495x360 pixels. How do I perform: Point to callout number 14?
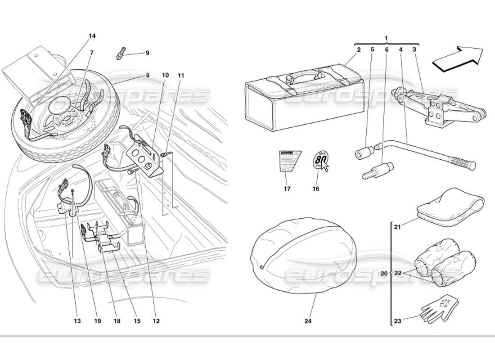pyautogui.click(x=92, y=36)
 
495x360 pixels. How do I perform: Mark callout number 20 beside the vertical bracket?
pyautogui.click(x=383, y=273)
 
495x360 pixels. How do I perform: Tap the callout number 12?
pyautogui.click(x=156, y=321)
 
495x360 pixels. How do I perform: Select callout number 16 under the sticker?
pyautogui.click(x=315, y=189)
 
